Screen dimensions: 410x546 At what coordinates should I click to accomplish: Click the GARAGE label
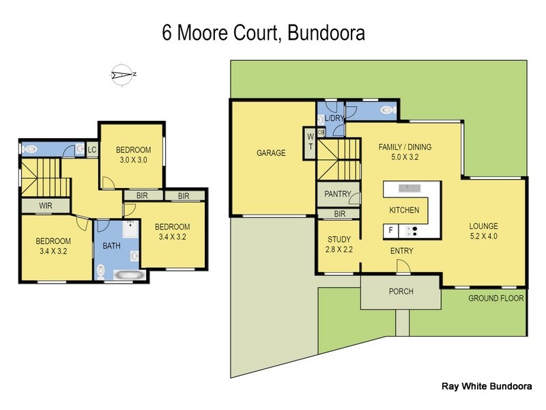(270, 153)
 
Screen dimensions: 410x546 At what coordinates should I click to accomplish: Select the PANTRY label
(337, 195)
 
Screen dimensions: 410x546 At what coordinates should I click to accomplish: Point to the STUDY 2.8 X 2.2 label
(339, 245)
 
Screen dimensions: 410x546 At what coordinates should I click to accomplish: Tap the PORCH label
(401, 292)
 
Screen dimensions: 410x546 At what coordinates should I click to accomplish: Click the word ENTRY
(401, 251)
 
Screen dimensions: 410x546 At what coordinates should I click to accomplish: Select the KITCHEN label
(404, 210)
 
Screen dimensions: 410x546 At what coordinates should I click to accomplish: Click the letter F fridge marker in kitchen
(391, 231)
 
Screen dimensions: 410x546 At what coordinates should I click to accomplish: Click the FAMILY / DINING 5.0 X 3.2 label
(405, 152)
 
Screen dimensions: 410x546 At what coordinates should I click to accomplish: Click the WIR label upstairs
(46, 205)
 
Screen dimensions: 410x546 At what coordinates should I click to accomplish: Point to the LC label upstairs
(91, 149)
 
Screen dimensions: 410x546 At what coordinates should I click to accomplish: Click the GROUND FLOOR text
(495, 299)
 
